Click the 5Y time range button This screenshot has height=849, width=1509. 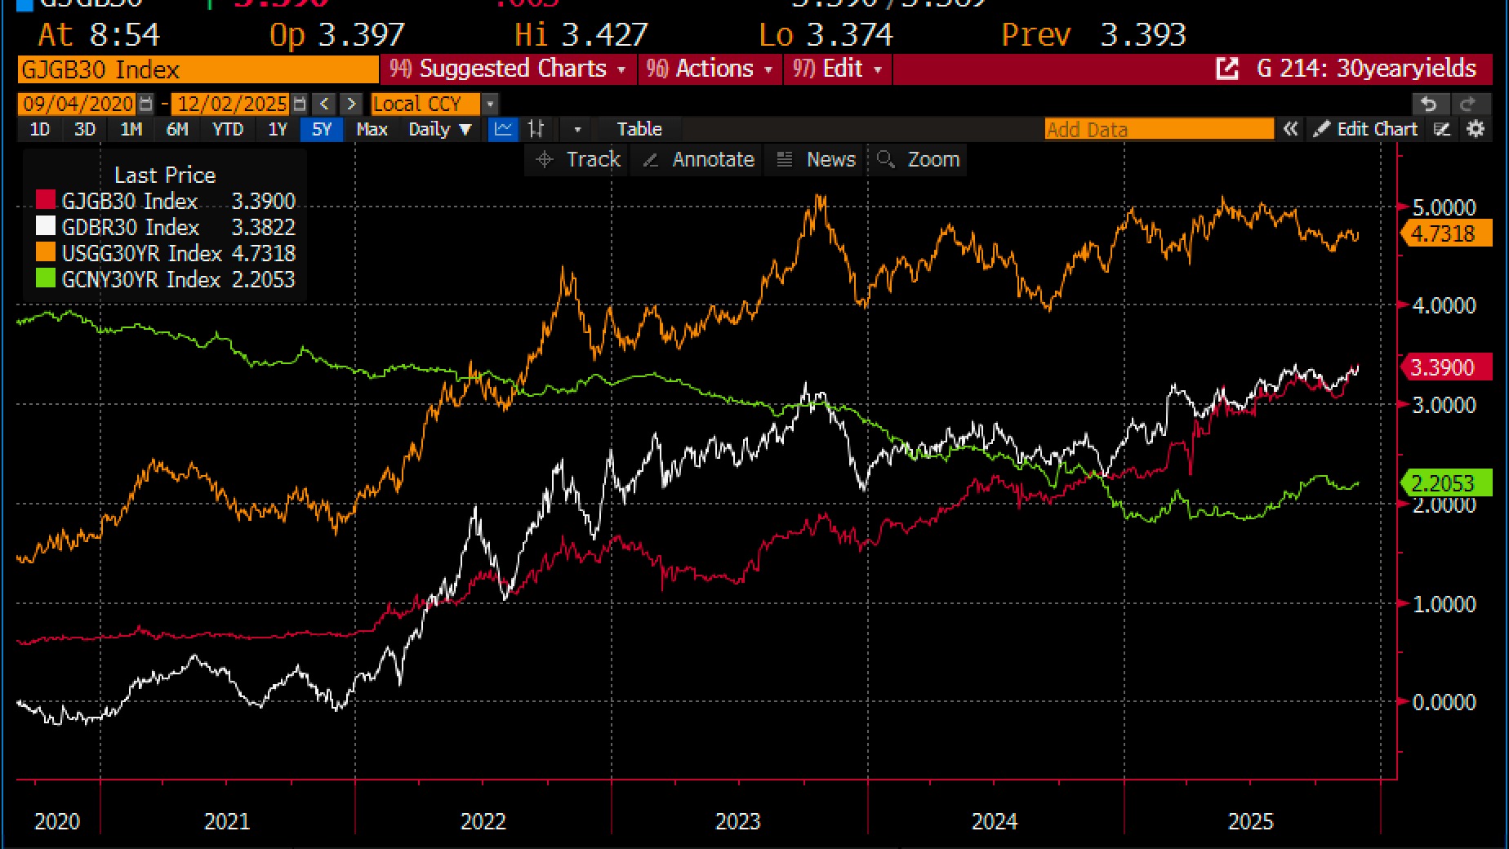pyautogui.click(x=322, y=129)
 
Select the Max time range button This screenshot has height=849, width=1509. pyautogui.click(x=372, y=129)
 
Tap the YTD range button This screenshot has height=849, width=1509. pyautogui.click(x=228, y=129)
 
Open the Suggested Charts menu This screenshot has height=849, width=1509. pyautogui.click(x=507, y=69)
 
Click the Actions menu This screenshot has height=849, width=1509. pyautogui.click(x=709, y=69)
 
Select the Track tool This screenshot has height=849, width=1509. pyautogui.click(x=579, y=159)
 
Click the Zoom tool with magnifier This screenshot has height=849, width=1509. pyautogui.click(x=919, y=159)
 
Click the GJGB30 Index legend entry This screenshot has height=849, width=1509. pyautogui.click(x=129, y=201)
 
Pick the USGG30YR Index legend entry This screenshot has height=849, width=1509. pyautogui.click(x=141, y=253)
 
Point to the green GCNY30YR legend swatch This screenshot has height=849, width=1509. pyautogui.click(x=46, y=278)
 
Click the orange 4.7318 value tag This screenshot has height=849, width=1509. pyautogui.click(x=1443, y=233)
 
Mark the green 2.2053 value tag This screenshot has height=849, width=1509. pyautogui.click(x=1443, y=483)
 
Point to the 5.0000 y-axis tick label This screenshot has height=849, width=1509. pyautogui.click(x=1444, y=207)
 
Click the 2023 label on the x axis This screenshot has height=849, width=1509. pyautogui.click(x=737, y=821)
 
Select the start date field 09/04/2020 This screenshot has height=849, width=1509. pyautogui.click(x=78, y=104)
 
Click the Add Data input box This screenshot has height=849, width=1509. pyautogui.click(x=1158, y=129)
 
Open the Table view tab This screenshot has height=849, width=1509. pyautogui.click(x=639, y=129)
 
